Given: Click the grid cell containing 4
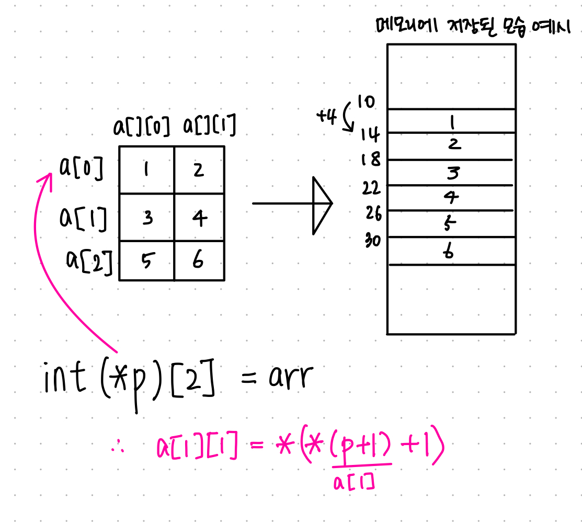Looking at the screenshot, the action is click(199, 217).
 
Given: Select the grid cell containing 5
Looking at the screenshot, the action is click(147, 260).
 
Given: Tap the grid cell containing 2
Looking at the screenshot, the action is click(199, 170).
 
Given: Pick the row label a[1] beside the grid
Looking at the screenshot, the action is click(84, 218).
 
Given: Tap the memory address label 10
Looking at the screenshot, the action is click(366, 101).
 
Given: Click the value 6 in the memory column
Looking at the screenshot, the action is click(448, 252).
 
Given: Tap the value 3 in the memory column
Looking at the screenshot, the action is click(452, 172).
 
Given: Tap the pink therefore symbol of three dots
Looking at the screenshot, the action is click(118, 449).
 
